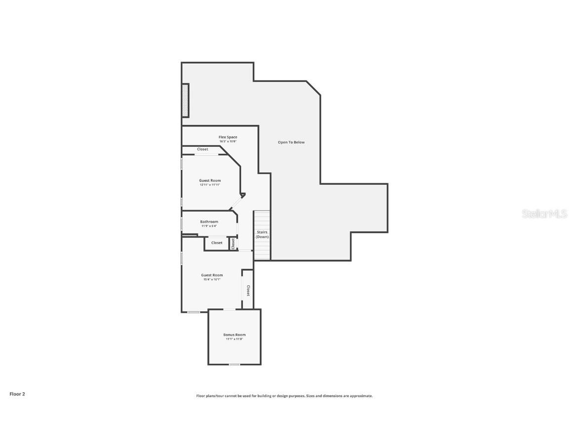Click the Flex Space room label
point(228,137)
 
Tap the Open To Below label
point(291,142)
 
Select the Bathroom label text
point(209,222)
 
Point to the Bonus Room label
point(234,335)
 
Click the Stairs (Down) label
point(262,234)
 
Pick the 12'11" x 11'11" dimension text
point(210,185)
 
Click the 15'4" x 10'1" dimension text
point(211,280)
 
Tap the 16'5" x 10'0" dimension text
point(228,141)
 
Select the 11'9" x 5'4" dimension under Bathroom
point(209,226)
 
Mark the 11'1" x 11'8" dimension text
point(234,339)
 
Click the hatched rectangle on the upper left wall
point(185,100)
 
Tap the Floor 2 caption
point(17,394)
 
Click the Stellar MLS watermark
point(544,213)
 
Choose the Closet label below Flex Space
point(203,149)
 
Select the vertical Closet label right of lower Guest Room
point(248,291)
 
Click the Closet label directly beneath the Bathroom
point(217,243)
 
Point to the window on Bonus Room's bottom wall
point(234,365)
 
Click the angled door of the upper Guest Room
point(237,203)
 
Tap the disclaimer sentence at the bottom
point(284,396)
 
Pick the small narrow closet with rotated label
point(233,243)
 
